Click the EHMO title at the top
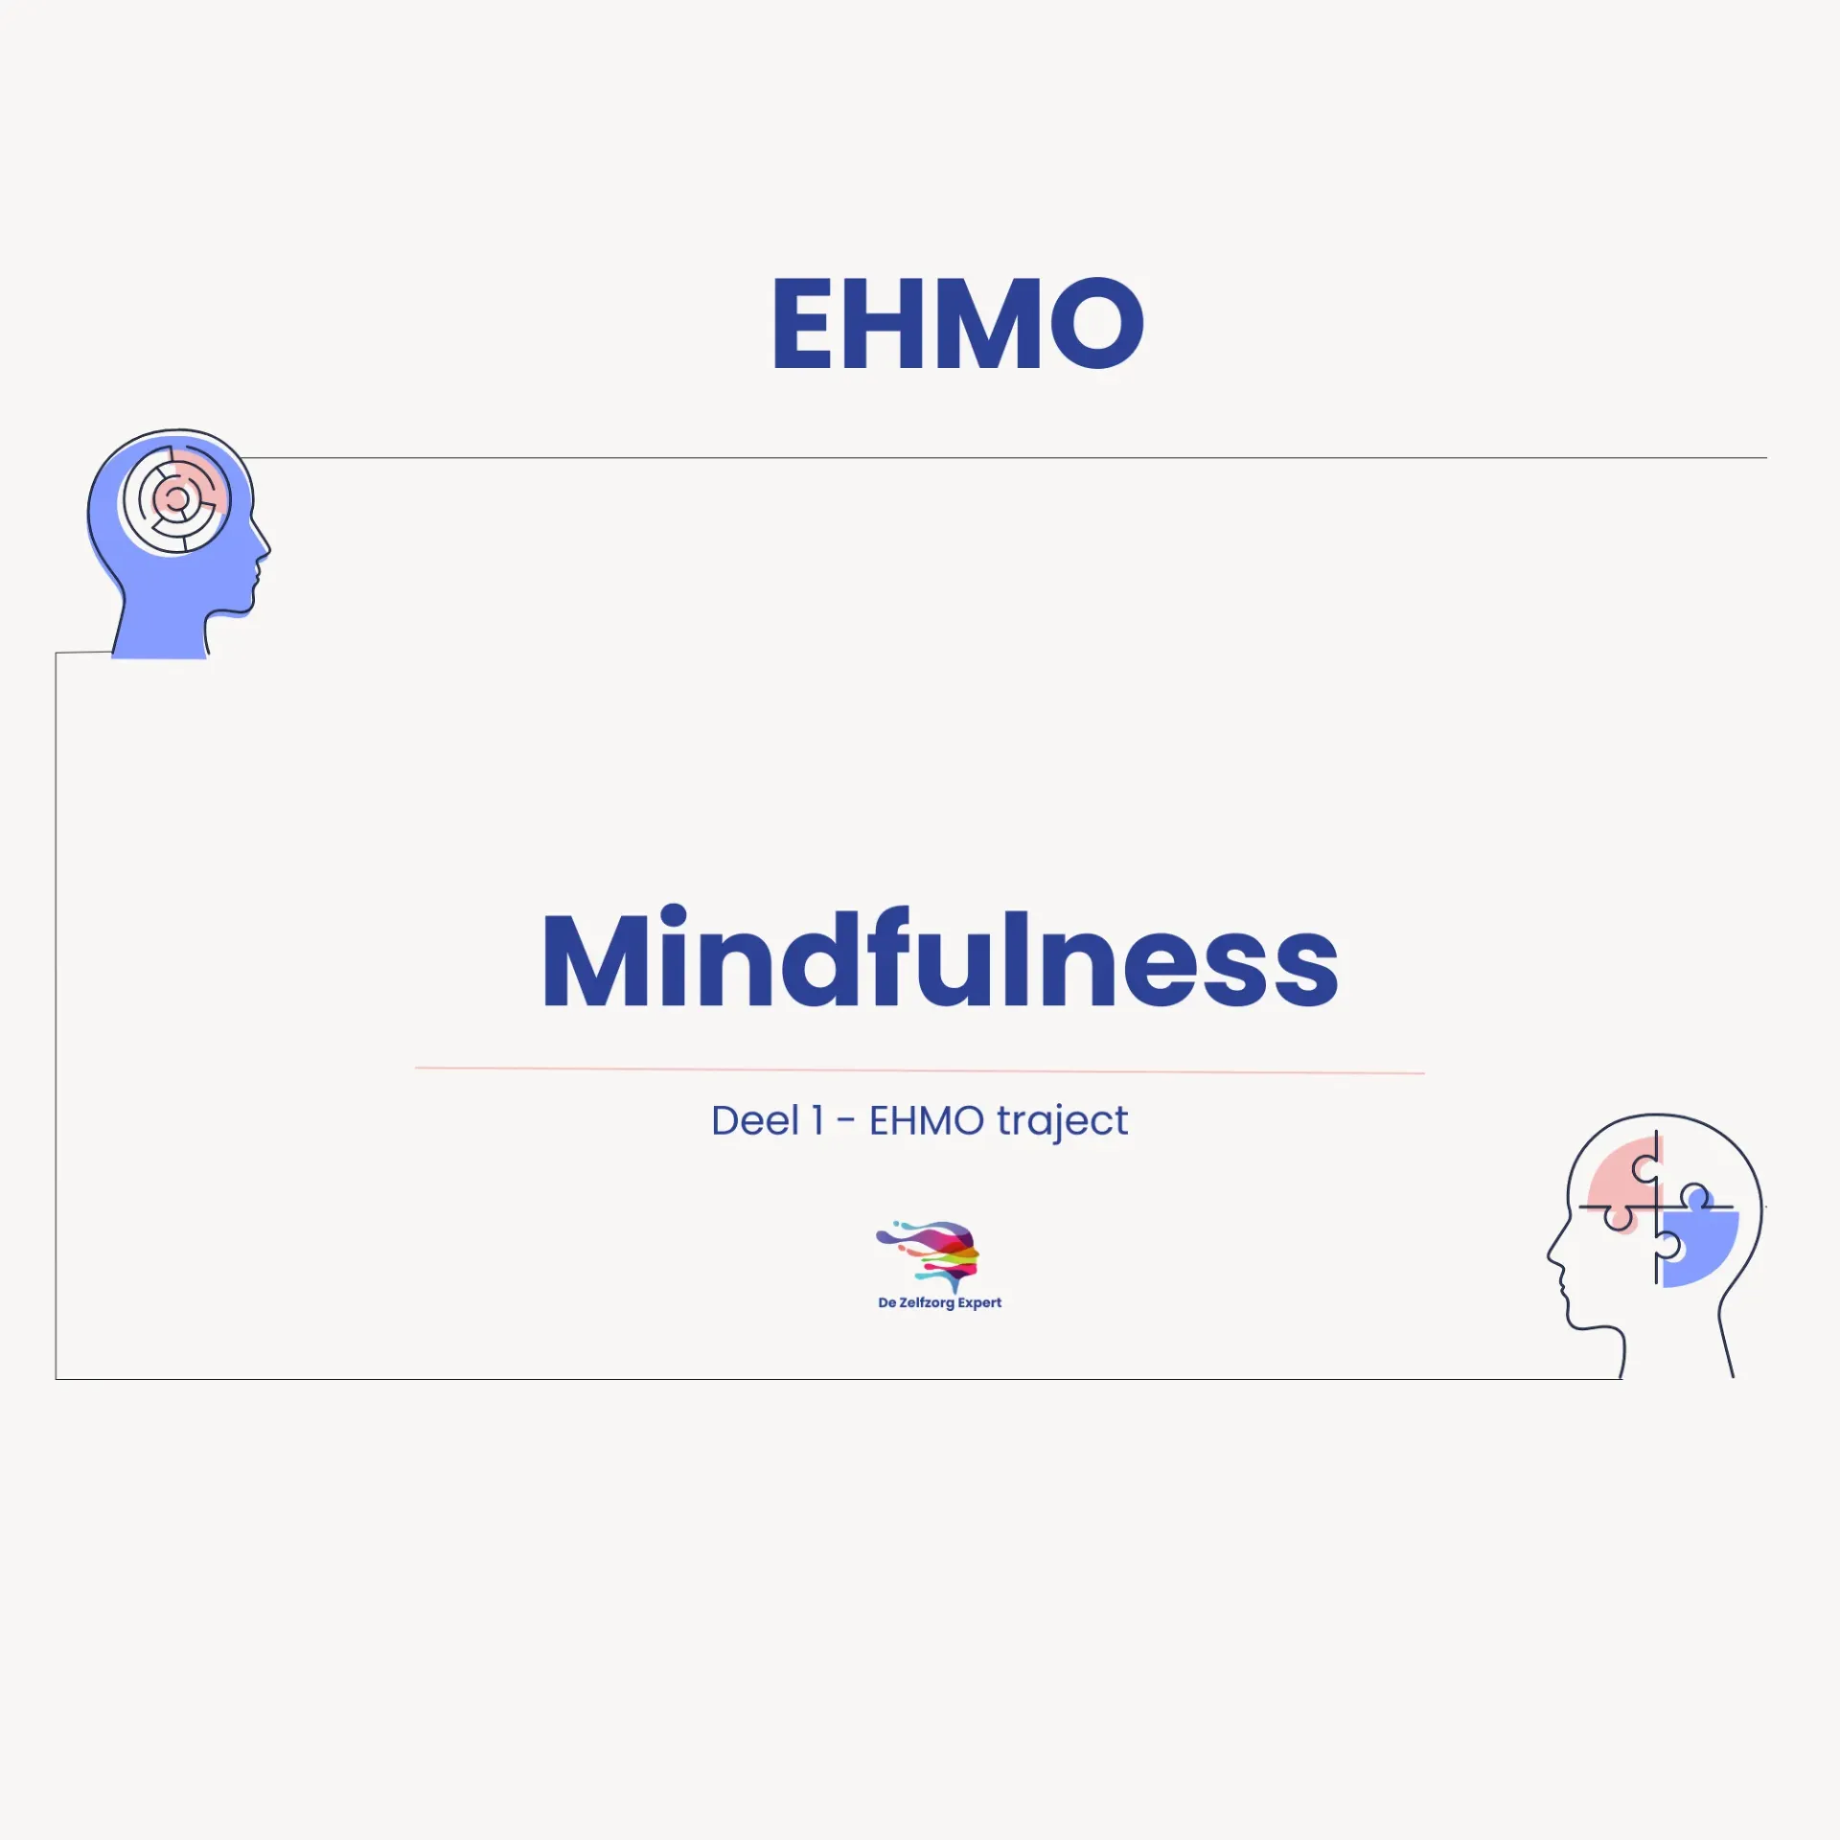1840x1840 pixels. point(957,324)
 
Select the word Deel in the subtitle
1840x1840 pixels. point(754,1120)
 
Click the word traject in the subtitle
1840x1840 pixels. point(1062,1120)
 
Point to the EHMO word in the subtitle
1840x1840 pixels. point(926,1120)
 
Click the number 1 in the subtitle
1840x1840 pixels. point(817,1120)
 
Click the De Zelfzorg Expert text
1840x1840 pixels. point(939,1302)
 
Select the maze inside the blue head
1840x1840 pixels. point(175,499)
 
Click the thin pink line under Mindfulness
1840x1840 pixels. point(920,1069)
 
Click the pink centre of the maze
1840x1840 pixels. point(176,498)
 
